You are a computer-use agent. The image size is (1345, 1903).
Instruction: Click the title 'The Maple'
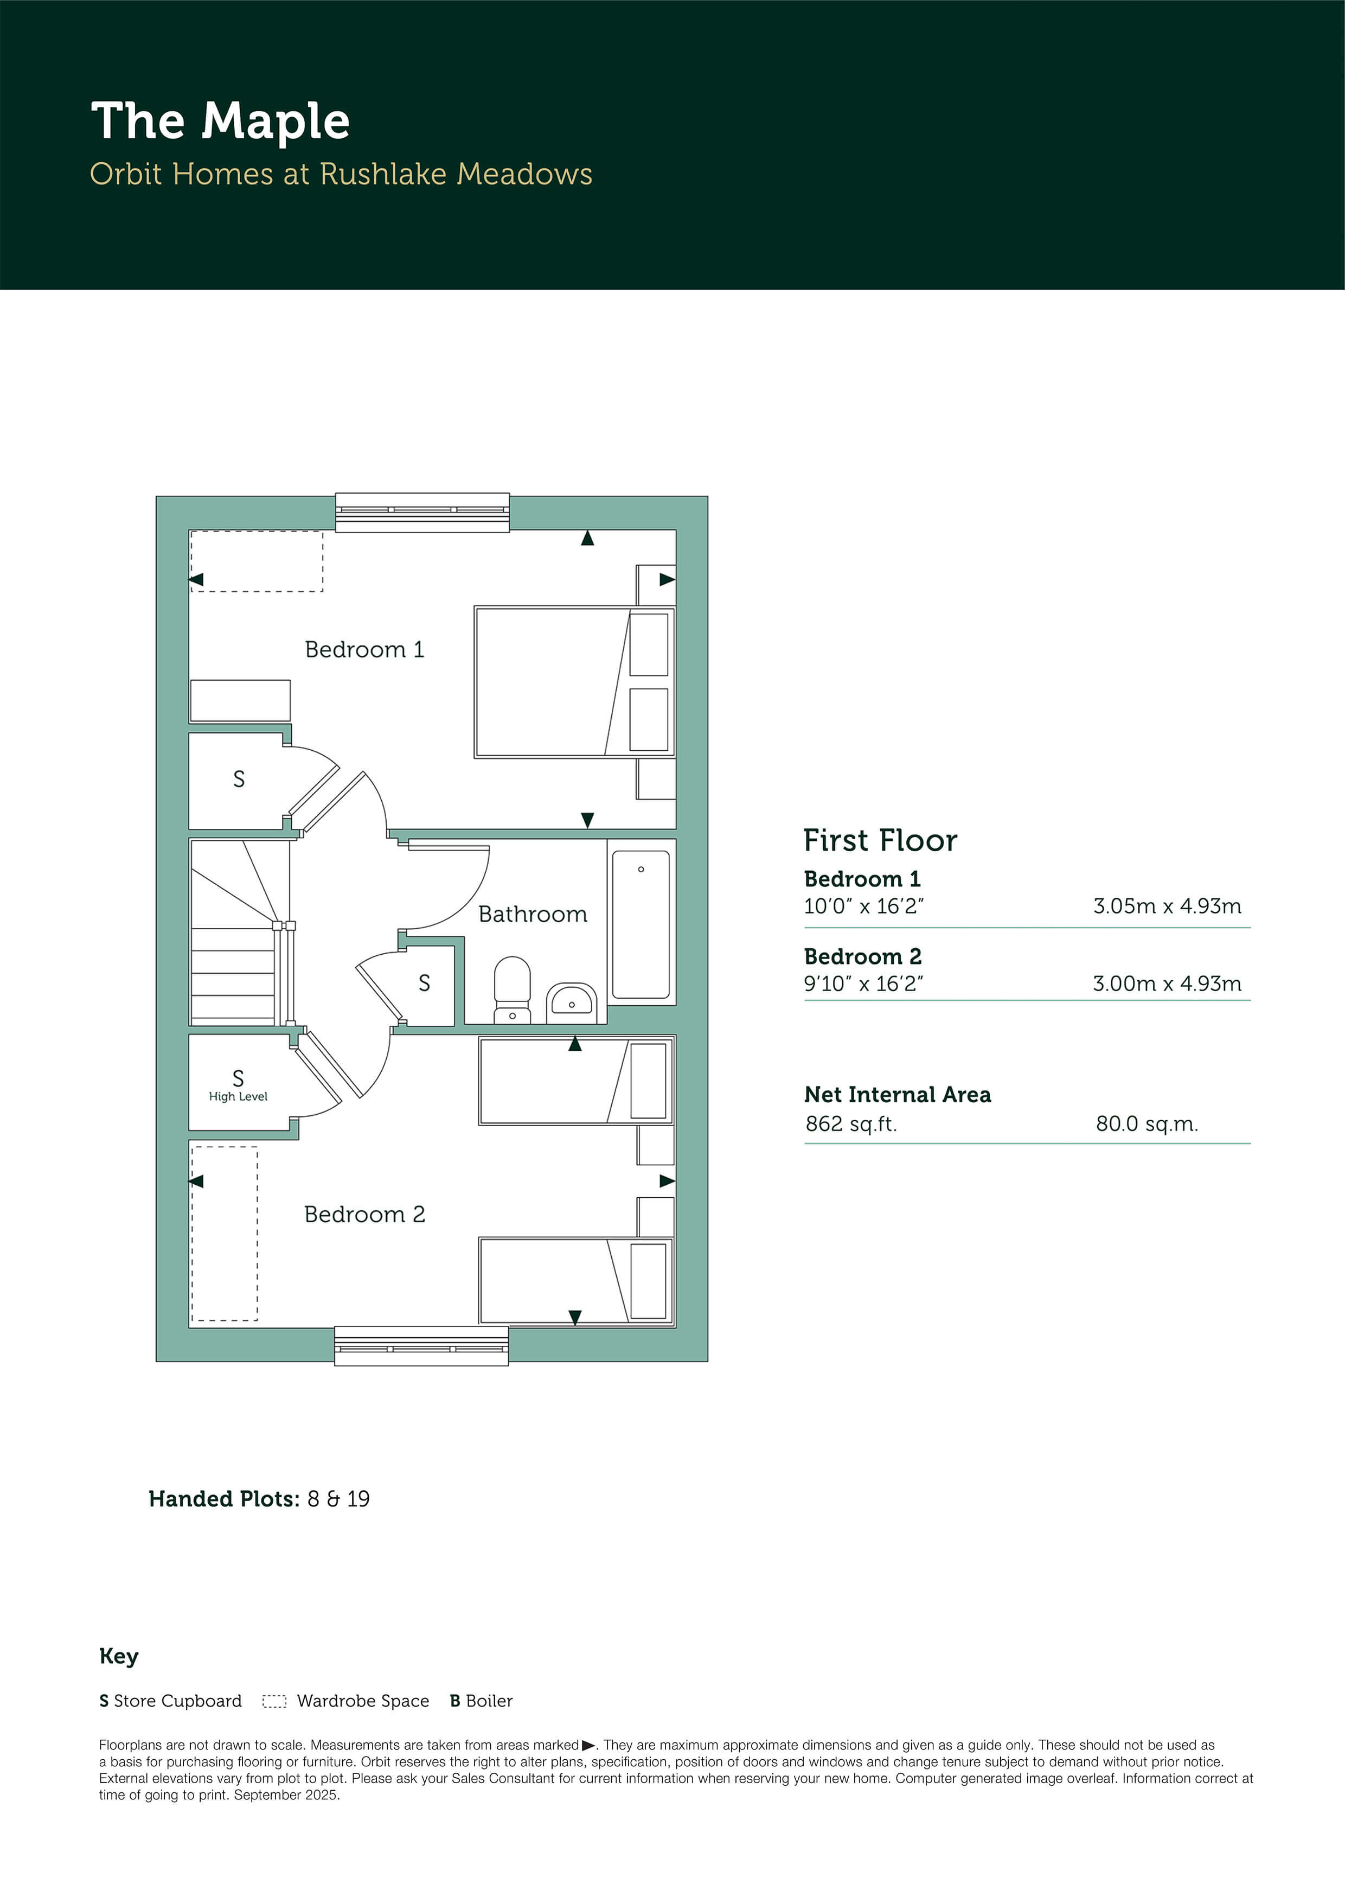pyautogui.click(x=220, y=122)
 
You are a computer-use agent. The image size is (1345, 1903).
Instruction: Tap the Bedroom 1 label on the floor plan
pyautogui.click(x=364, y=650)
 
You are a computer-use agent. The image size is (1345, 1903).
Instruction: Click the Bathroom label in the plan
pyautogui.click(x=533, y=914)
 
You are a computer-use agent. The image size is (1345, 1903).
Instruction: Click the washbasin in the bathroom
pyautogui.click(x=571, y=1003)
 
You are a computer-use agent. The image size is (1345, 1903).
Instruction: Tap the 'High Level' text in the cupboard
pyautogui.click(x=238, y=1096)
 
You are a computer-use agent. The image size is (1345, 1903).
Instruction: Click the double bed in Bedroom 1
pyautogui.click(x=574, y=682)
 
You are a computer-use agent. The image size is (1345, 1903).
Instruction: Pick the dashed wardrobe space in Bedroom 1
pyautogui.click(x=257, y=561)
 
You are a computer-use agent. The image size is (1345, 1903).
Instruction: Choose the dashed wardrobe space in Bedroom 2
pyautogui.click(x=225, y=1233)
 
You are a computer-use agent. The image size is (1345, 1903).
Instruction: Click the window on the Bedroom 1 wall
pyautogui.click(x=422, y=512)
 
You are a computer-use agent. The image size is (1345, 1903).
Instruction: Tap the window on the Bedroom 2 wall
pyautogui.click(x=421, y=1346)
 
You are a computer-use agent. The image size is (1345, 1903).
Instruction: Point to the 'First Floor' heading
pyautogui.click(x=880, y=840)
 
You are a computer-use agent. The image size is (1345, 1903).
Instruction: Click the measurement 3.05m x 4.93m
pyautogui.click(x=1167, y=906)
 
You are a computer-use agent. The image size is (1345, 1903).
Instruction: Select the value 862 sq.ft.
pyautogui.click(x=851, y=1124)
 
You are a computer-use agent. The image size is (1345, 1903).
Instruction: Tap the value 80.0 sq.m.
pyautogui.click(x=1147, y=1124)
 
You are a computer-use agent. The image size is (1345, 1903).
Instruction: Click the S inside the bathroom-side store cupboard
pyautogui.click(x=424, y=983)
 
